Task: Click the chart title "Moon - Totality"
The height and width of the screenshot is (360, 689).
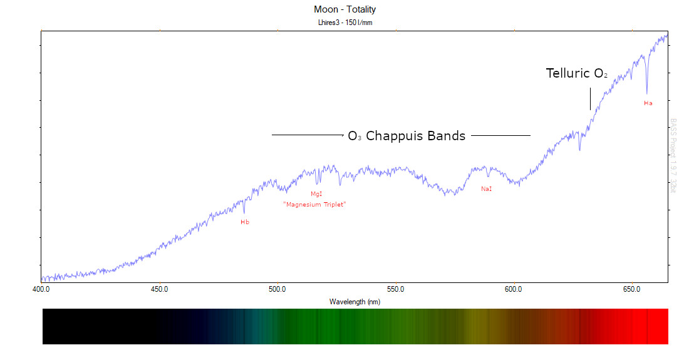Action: click(x=345, y=9)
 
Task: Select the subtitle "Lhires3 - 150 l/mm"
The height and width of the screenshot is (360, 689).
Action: click(x=345, y=23)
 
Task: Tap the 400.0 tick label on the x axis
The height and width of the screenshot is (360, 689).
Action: click(x=41, y=289)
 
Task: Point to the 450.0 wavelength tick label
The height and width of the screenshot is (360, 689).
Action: click(x=159, y=289)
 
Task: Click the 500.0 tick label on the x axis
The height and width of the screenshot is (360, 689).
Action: click(x=277, y=289)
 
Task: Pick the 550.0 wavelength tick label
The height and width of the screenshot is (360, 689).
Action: click(x=396, y=289)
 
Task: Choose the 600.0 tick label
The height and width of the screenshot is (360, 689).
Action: click(x=514, y=289)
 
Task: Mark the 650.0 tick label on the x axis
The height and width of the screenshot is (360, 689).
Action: click(x=631, y=289)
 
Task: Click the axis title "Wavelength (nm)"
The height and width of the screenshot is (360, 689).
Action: click(x=355, y=302)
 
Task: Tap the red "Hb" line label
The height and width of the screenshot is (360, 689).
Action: click(x=245, y=222)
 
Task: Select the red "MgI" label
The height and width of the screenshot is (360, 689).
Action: click(x=316, y=194)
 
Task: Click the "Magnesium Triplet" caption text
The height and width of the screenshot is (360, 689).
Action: click(x=314, y=205)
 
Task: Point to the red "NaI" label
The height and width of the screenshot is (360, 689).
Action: click(x=487, y=188)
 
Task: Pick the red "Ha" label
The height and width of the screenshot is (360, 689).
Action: click(x=648, y=103)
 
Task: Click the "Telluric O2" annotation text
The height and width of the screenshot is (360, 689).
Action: click(x=576, y=73)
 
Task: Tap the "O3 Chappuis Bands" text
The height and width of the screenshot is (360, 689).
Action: click(x=407, y=135)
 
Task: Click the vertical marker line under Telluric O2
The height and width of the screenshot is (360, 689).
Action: click(x=590, y=99)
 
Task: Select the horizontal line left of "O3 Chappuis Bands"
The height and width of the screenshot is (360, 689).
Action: click(x=307, y=135)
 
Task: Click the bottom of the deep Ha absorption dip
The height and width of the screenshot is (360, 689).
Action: click(x=647, y=93)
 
